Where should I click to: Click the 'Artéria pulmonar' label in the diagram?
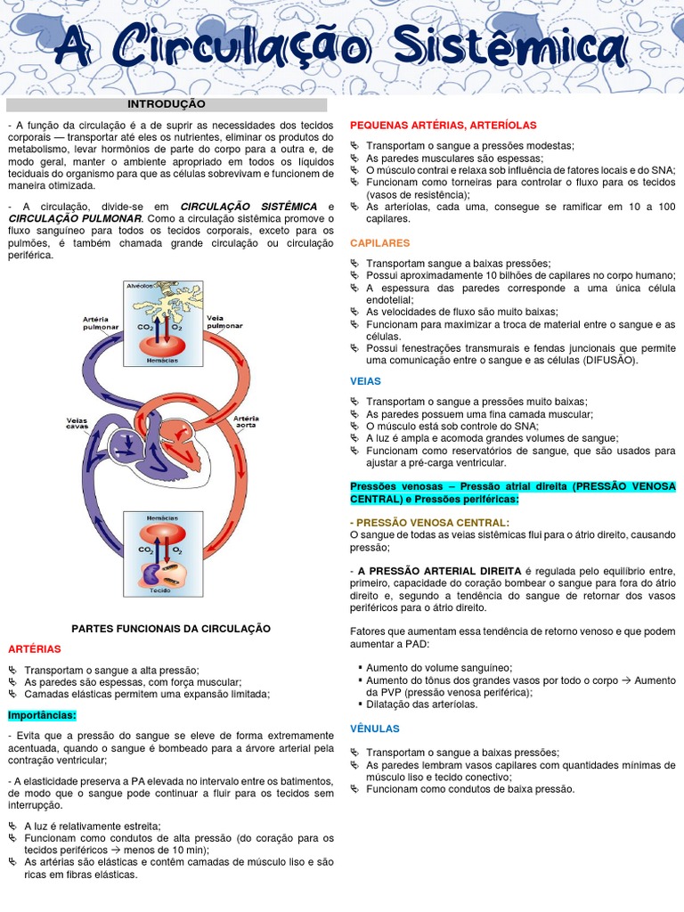tap(101, 322)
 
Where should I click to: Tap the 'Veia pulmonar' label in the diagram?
tap(224, 321)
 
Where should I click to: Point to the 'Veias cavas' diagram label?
tap(78, 423)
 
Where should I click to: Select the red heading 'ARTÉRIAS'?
tap(35, 648)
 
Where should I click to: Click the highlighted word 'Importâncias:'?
tap(42, 715)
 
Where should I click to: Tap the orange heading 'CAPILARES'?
tap(380, 242)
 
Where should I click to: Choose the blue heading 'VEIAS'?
tap(366, 380)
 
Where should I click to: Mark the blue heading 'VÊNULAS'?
tap(375, 729)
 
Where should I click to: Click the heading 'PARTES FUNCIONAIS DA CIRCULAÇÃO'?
tap(169, 629)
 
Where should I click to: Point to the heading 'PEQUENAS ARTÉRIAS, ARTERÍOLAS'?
tap(444, 126)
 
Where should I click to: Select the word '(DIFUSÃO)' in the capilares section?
tap(610, 361)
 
